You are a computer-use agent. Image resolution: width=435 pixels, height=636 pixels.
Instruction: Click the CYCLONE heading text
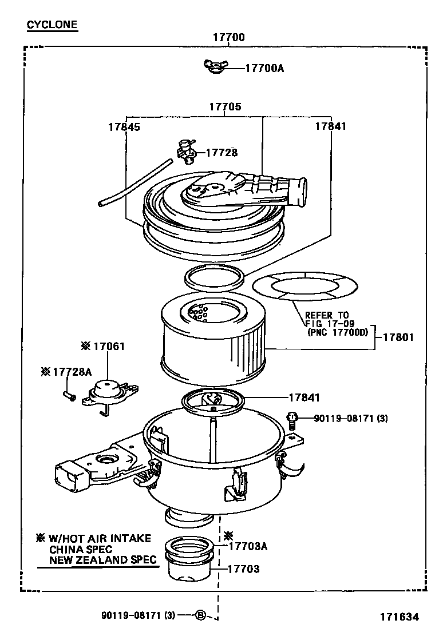point(52,25)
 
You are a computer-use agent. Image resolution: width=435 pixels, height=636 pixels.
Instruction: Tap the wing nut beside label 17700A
point(216,67)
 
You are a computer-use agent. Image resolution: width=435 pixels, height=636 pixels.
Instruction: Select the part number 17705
point(224,107)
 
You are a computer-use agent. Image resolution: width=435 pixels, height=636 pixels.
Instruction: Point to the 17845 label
point(124,127)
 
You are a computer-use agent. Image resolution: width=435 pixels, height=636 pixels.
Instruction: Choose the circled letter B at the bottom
point(200,615)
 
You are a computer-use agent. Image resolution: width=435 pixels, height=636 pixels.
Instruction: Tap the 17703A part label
point(247,546)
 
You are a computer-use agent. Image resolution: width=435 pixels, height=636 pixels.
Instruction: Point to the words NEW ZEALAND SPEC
point(102,560)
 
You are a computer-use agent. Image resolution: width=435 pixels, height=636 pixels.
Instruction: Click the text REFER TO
point(326,315)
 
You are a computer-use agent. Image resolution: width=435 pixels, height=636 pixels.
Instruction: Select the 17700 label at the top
point(228,38)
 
